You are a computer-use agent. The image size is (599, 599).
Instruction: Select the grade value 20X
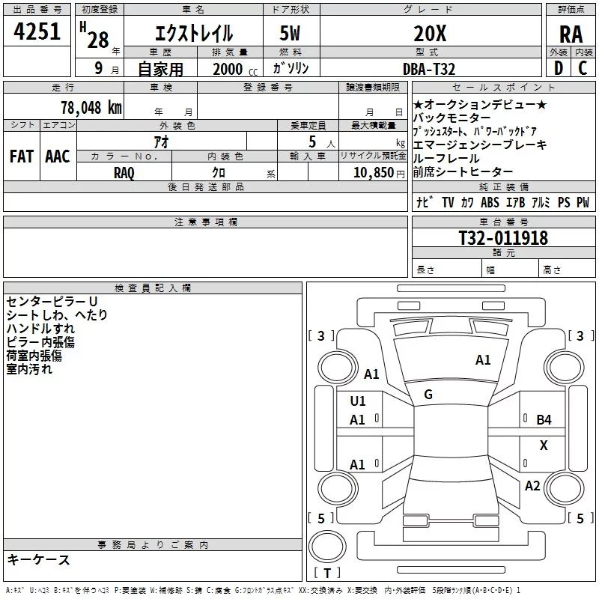tap(430, 34)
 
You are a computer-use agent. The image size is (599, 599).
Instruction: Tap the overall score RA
tap(571, 34)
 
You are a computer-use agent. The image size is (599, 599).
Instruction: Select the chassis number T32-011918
tap(503, 238)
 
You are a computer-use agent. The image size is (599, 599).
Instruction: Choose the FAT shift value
tap(21, 156)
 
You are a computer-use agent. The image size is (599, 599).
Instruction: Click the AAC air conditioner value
tap(57, 156)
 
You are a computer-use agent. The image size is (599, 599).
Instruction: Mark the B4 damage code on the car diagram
tap(544, 420)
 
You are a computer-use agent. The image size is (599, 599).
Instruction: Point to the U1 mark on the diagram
tap(358, 401)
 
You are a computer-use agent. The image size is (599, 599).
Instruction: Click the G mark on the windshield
tap(428, 394)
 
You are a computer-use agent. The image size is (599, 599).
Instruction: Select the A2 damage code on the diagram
tap(532, 486)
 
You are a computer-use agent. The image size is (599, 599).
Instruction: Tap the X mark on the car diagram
tap(544, 445)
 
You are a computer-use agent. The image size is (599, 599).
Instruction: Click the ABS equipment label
tap(490, 202)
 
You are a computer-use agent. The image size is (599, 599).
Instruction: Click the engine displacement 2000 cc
tap(228, 69)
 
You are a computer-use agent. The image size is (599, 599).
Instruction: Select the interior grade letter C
tap(582, 68)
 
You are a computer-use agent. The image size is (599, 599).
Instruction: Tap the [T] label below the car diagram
tap(326, 574)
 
